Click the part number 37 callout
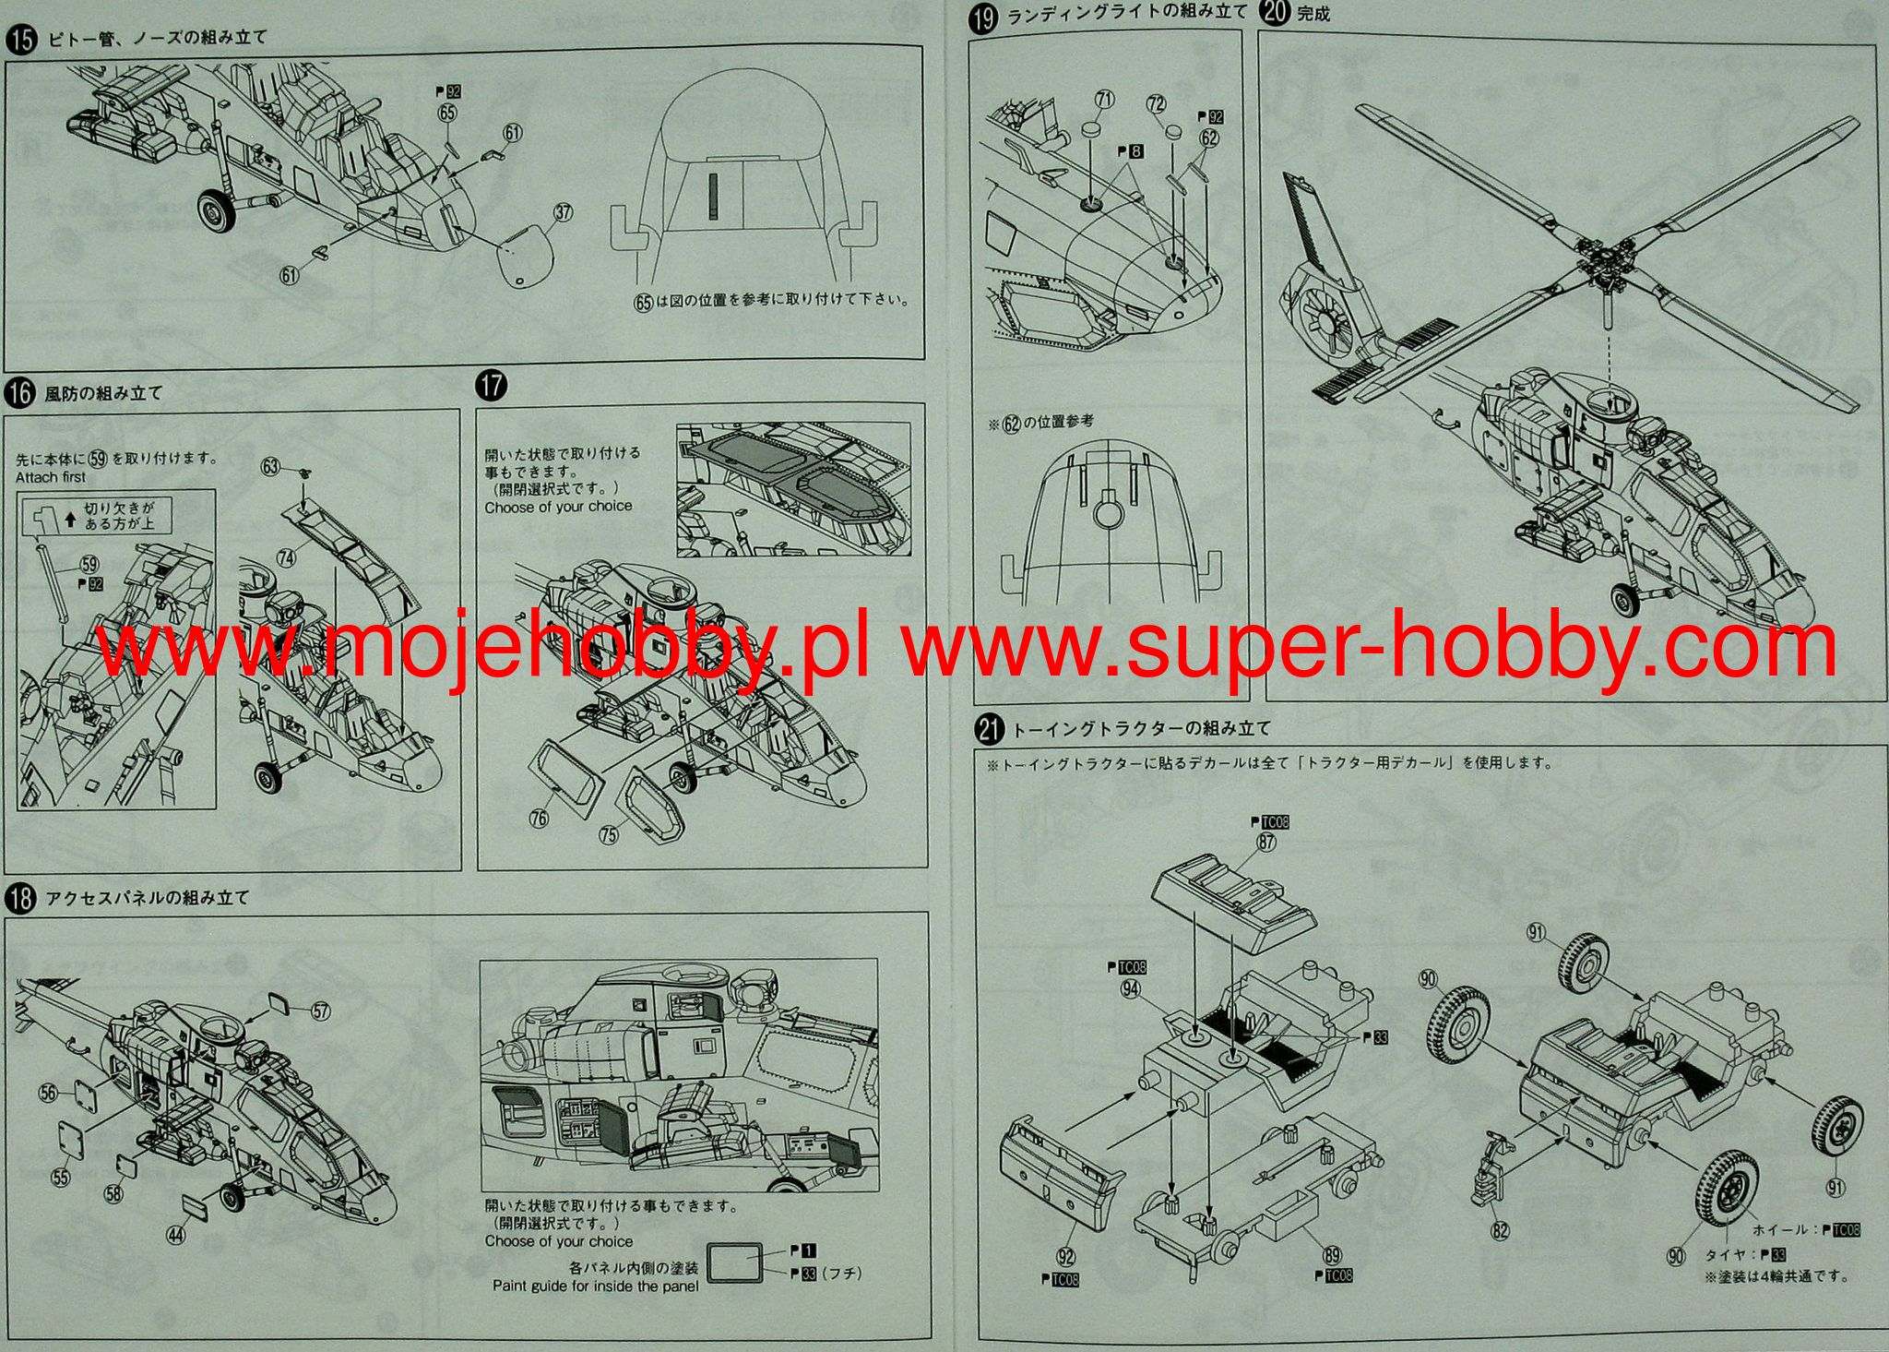point(562,213)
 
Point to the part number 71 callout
point(1105,100)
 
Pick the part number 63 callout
point(270,467)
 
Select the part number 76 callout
point(539,818)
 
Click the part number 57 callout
point(320,1011)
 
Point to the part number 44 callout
point(175,1233)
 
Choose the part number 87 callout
point(1265,842)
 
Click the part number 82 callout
point(1501,1229)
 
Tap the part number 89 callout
point(1332,1255)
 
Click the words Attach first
point(51,477)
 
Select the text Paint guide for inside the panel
point(595,1286)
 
